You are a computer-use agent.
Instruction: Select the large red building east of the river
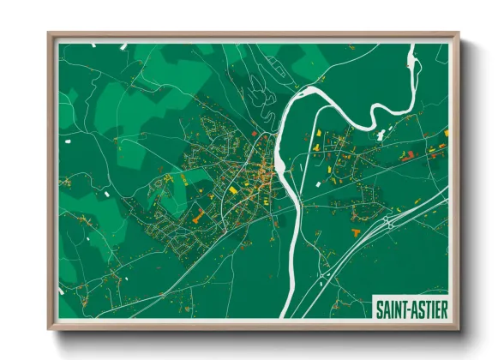coord(409,154)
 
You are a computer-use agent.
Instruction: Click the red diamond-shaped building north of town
coord(255,134)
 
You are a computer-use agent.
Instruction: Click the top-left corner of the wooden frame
coord(49,34)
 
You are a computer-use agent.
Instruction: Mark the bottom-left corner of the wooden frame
coord(49,328)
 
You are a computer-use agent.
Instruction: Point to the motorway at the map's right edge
coord(446,194)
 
